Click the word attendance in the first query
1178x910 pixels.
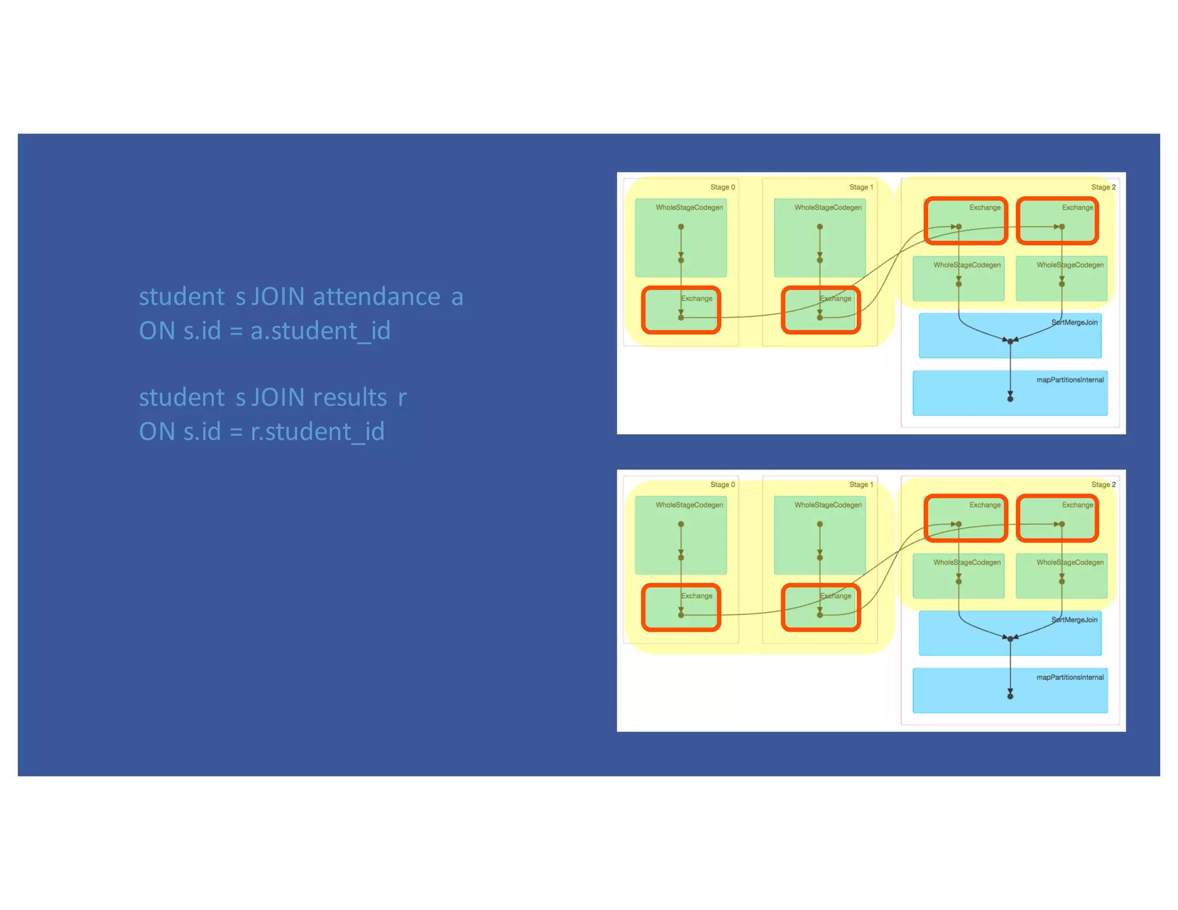pyautogui.click(x=376, y=297)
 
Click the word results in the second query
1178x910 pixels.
pyautogui.click(x=350, y=397)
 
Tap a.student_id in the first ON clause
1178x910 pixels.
pyautogui.click(x=320, y=331)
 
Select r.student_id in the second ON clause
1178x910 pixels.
pyautogui.click(x=318, y=432)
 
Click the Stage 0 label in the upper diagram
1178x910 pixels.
pyautogui.click(x=722, y=187)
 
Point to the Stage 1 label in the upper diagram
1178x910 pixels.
pyautogui.click(x=861, y=187)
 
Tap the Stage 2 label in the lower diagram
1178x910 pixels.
pyautogui.click(x=1103, y=484)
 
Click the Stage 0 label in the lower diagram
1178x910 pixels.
pyautogui.click(x=722, y=484)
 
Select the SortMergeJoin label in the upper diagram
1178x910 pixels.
pyautogui.click(x=1074, y=322)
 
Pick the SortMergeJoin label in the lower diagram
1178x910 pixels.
pyautogui.click(x=1074, y=620)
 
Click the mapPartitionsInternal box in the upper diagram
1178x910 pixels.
pyautogui.click(x=1010, y=393)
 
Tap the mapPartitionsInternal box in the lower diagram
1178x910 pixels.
pyautogui.click(x=1010, y=690)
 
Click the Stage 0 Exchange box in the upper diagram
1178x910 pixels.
pyautogui.click(x=681, y=310)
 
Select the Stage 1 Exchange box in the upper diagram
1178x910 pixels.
pyautogui.click(x=821, y=310)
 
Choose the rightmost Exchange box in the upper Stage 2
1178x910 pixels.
pyautogui.click(x=1057, y=221)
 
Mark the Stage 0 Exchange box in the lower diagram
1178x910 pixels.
pyautogui.click(x=681, y=607)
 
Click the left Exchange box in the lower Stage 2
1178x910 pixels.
pyautogui.click(x=966, y=518)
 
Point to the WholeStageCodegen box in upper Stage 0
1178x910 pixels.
pyautogui.click(x=681, y=238)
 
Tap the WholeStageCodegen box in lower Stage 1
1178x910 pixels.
pyautogui.click(x=820, y=535)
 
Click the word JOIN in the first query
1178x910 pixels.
pyautogui.click(x=278, y=297)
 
